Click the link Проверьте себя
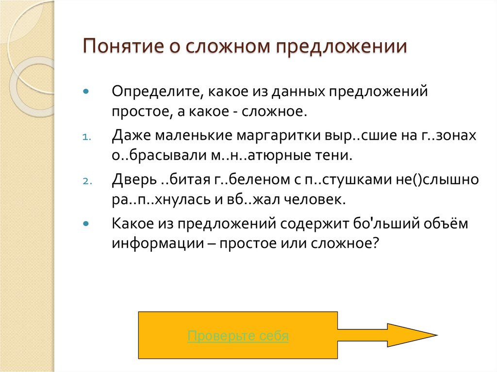pyautogui.click(x=238, y=336)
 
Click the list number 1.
pyautogui.click(x=84, y=137)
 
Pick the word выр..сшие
pyautogui.click(x=353, y=136)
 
